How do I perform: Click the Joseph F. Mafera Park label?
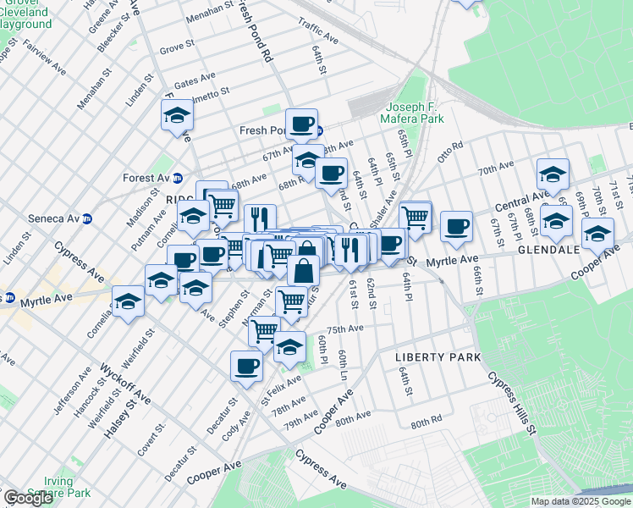point(415,113)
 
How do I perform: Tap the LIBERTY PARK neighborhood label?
point(438,357)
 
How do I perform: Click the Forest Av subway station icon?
point(178,179)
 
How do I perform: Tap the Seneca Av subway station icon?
point(86,218)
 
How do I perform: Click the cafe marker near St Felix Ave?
point(246,366)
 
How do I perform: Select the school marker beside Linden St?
point(178,116)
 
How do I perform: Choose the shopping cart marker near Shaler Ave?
point(415,217)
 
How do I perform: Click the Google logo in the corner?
point(28,498)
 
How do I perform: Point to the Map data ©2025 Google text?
point(581,502)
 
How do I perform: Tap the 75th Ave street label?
point(345,329)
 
